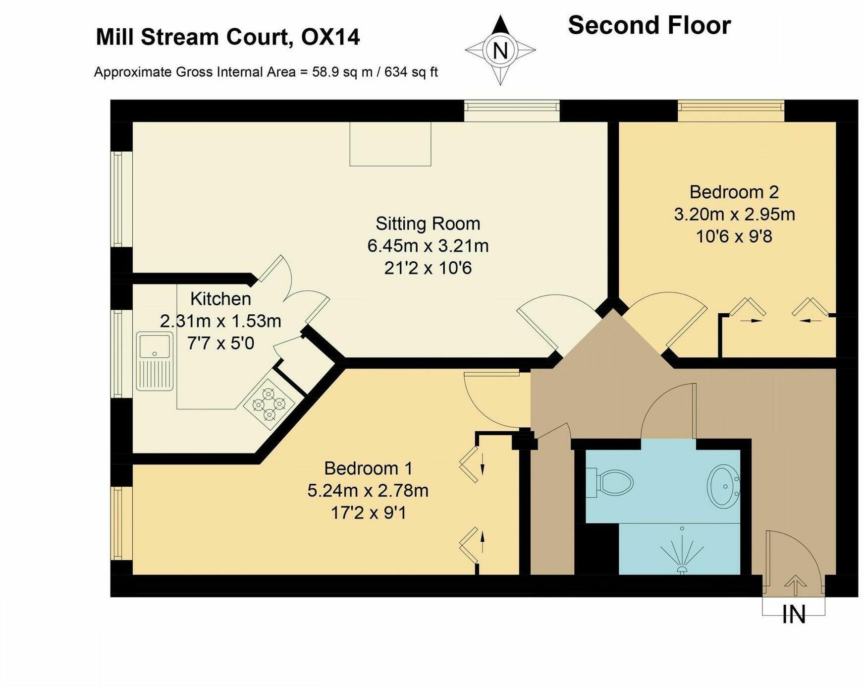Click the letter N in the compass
click(500, 51)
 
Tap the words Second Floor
click(649, 25)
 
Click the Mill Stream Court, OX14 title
click(227, 37)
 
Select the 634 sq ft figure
click(411, 72)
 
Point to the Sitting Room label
click(428, 224)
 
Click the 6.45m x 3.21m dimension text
click(428, 246)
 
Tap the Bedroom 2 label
click(734, 192)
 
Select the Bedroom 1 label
click(368, 468)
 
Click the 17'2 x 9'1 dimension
click(368, 513)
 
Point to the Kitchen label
click(220, 299)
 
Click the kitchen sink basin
click(155, 345)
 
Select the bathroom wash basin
click(723, 486)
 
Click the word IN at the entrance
click(794, 615)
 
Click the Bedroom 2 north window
click(731, 111)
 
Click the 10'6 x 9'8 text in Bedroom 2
click(734, 236)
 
